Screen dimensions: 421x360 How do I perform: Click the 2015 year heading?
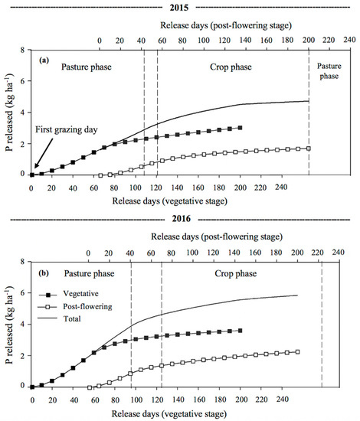pos(179,6)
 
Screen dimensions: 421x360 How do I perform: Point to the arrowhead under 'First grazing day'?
pos(32,171)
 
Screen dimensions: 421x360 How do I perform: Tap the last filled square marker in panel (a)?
pos(241,128)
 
